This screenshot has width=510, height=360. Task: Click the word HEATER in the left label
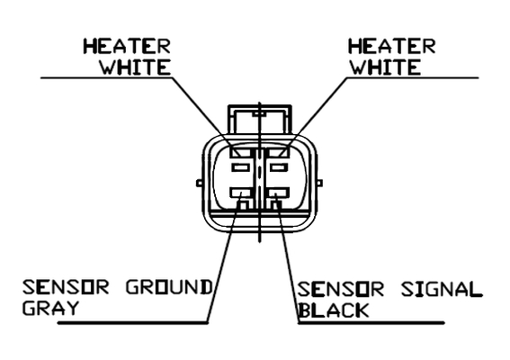tap(127, 46)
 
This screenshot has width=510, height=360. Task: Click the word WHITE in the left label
tap(135, 67)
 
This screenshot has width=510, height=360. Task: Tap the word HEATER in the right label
tap(391, 46)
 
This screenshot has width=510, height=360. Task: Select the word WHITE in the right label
tap(385, 67)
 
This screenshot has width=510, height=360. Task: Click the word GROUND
tap(169, 287)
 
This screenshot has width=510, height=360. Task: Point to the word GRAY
tap(50, 308)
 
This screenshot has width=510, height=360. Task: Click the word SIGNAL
tap(442, 290)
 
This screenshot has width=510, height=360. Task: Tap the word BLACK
tap(334, 310)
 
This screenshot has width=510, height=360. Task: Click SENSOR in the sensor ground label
tap(66, 287)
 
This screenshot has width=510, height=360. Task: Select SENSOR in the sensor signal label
tap(341, 290)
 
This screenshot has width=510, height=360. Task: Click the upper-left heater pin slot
tap(241, 152)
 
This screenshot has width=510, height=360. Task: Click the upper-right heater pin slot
tap(278, 152)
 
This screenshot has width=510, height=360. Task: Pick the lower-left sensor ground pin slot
tap(241, 193)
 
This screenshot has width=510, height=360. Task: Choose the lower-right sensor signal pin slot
tap(278, 193)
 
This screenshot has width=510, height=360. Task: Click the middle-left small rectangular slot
tap(241, 168)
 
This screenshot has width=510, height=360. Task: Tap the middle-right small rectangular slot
tap(279, 168)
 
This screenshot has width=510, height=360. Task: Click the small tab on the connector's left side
tap(200, 184)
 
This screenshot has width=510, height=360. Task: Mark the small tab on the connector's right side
tap(319, 184)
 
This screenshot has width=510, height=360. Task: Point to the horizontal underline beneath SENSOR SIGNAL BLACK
tap(371, 323)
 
